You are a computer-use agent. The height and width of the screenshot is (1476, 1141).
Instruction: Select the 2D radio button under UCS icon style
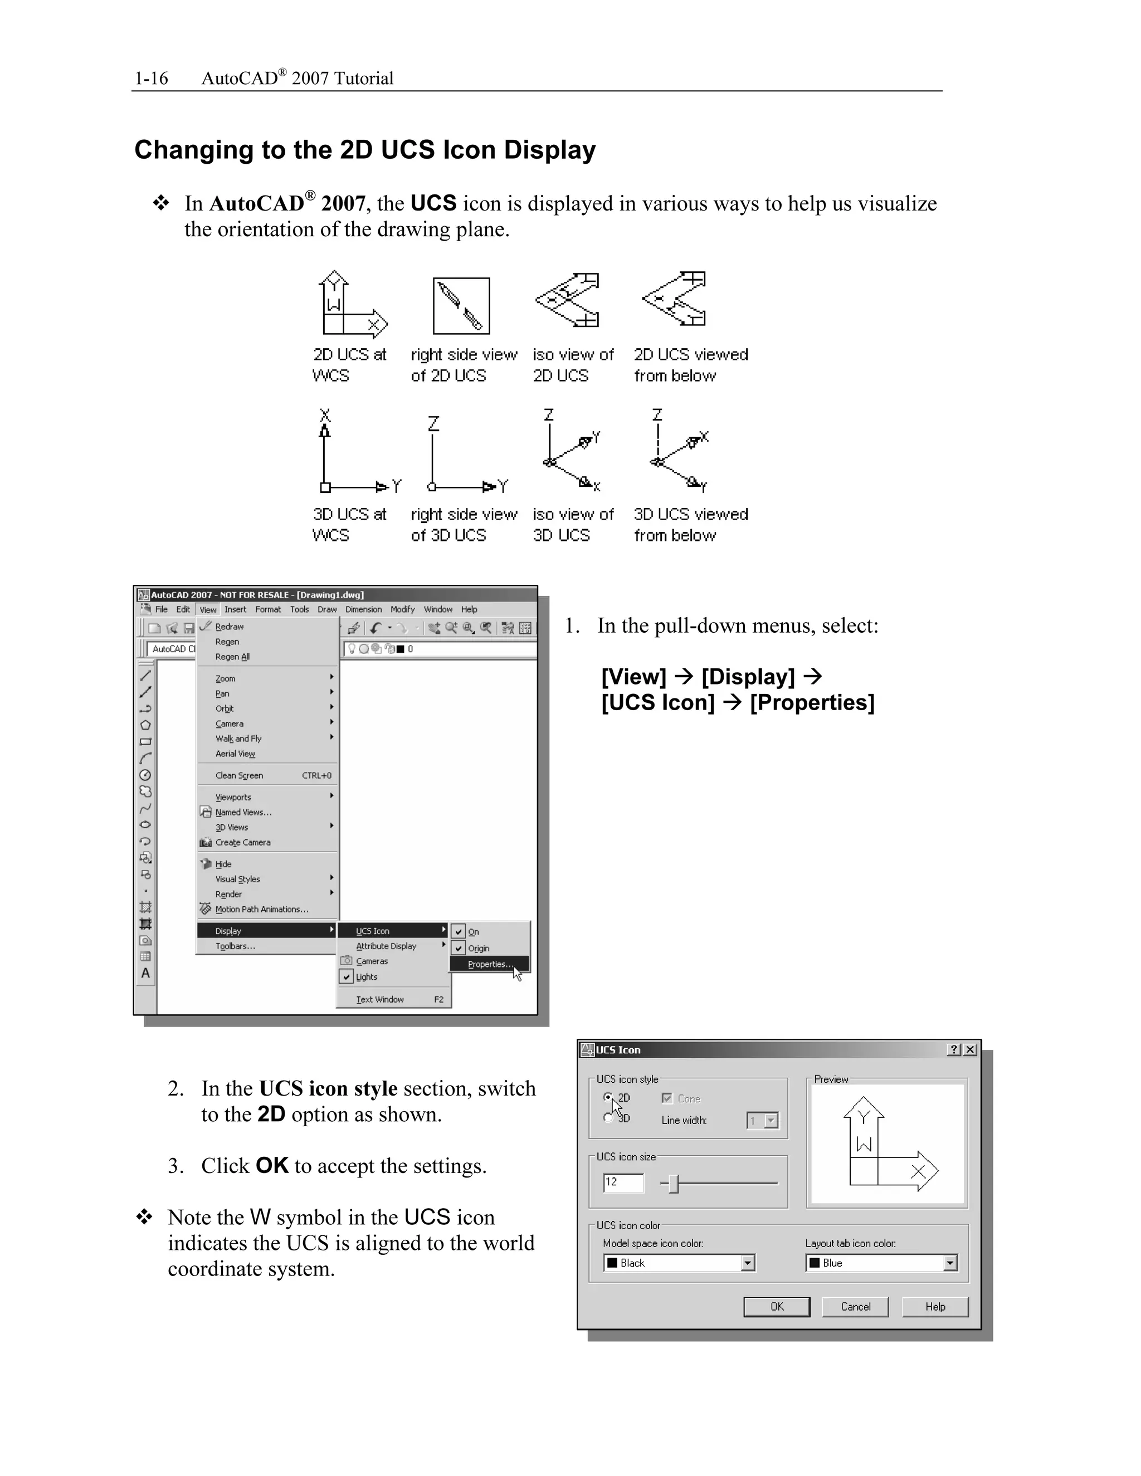point(608,1098)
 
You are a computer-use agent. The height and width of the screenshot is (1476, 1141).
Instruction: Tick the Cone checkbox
point(667,1098)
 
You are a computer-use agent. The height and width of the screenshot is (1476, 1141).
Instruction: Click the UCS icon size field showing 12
point(622,1182)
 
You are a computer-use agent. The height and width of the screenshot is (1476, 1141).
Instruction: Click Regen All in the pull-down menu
point(232,656)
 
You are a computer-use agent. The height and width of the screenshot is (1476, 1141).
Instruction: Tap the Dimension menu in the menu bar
point(364,609)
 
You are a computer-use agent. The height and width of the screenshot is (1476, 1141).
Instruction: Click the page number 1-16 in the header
point(151,79)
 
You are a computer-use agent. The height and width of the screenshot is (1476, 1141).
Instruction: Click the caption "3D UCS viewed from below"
point(690,525)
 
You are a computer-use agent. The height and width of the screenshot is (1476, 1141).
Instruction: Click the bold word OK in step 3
point(272,1165)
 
